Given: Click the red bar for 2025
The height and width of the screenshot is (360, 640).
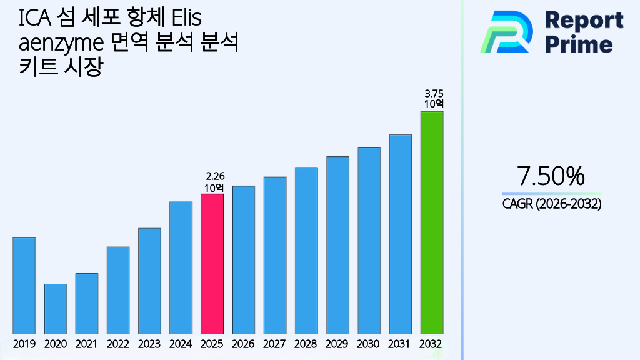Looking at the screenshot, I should (212, 264).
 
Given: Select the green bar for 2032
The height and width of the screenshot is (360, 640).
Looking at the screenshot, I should (431, 222).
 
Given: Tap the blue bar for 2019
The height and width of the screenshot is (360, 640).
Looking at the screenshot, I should (24, 286).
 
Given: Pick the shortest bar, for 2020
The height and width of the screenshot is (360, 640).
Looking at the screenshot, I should (55, 309).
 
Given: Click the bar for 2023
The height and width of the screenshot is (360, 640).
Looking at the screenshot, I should (149, 281).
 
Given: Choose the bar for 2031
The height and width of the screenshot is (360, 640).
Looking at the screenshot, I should (400, 234).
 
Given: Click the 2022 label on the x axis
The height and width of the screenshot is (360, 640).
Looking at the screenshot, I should (118, 344).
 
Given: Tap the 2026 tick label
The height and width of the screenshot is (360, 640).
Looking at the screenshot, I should (243, 344).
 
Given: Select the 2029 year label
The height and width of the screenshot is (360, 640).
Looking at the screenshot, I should (337, 344).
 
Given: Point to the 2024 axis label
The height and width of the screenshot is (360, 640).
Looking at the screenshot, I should (181, 344).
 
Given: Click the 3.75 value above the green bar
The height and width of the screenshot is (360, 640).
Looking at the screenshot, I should (434, 94).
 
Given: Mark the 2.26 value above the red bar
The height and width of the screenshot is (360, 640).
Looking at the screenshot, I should (214, 177).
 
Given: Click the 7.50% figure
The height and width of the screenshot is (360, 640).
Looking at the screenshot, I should (551, 176).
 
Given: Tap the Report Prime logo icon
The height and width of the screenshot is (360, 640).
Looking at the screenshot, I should (506, 32).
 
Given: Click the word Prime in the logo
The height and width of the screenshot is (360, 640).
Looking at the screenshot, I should (579, 44).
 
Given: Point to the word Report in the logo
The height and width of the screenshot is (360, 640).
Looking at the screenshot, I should (584, 20).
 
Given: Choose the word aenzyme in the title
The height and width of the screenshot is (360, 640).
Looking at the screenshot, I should (60, 44).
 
